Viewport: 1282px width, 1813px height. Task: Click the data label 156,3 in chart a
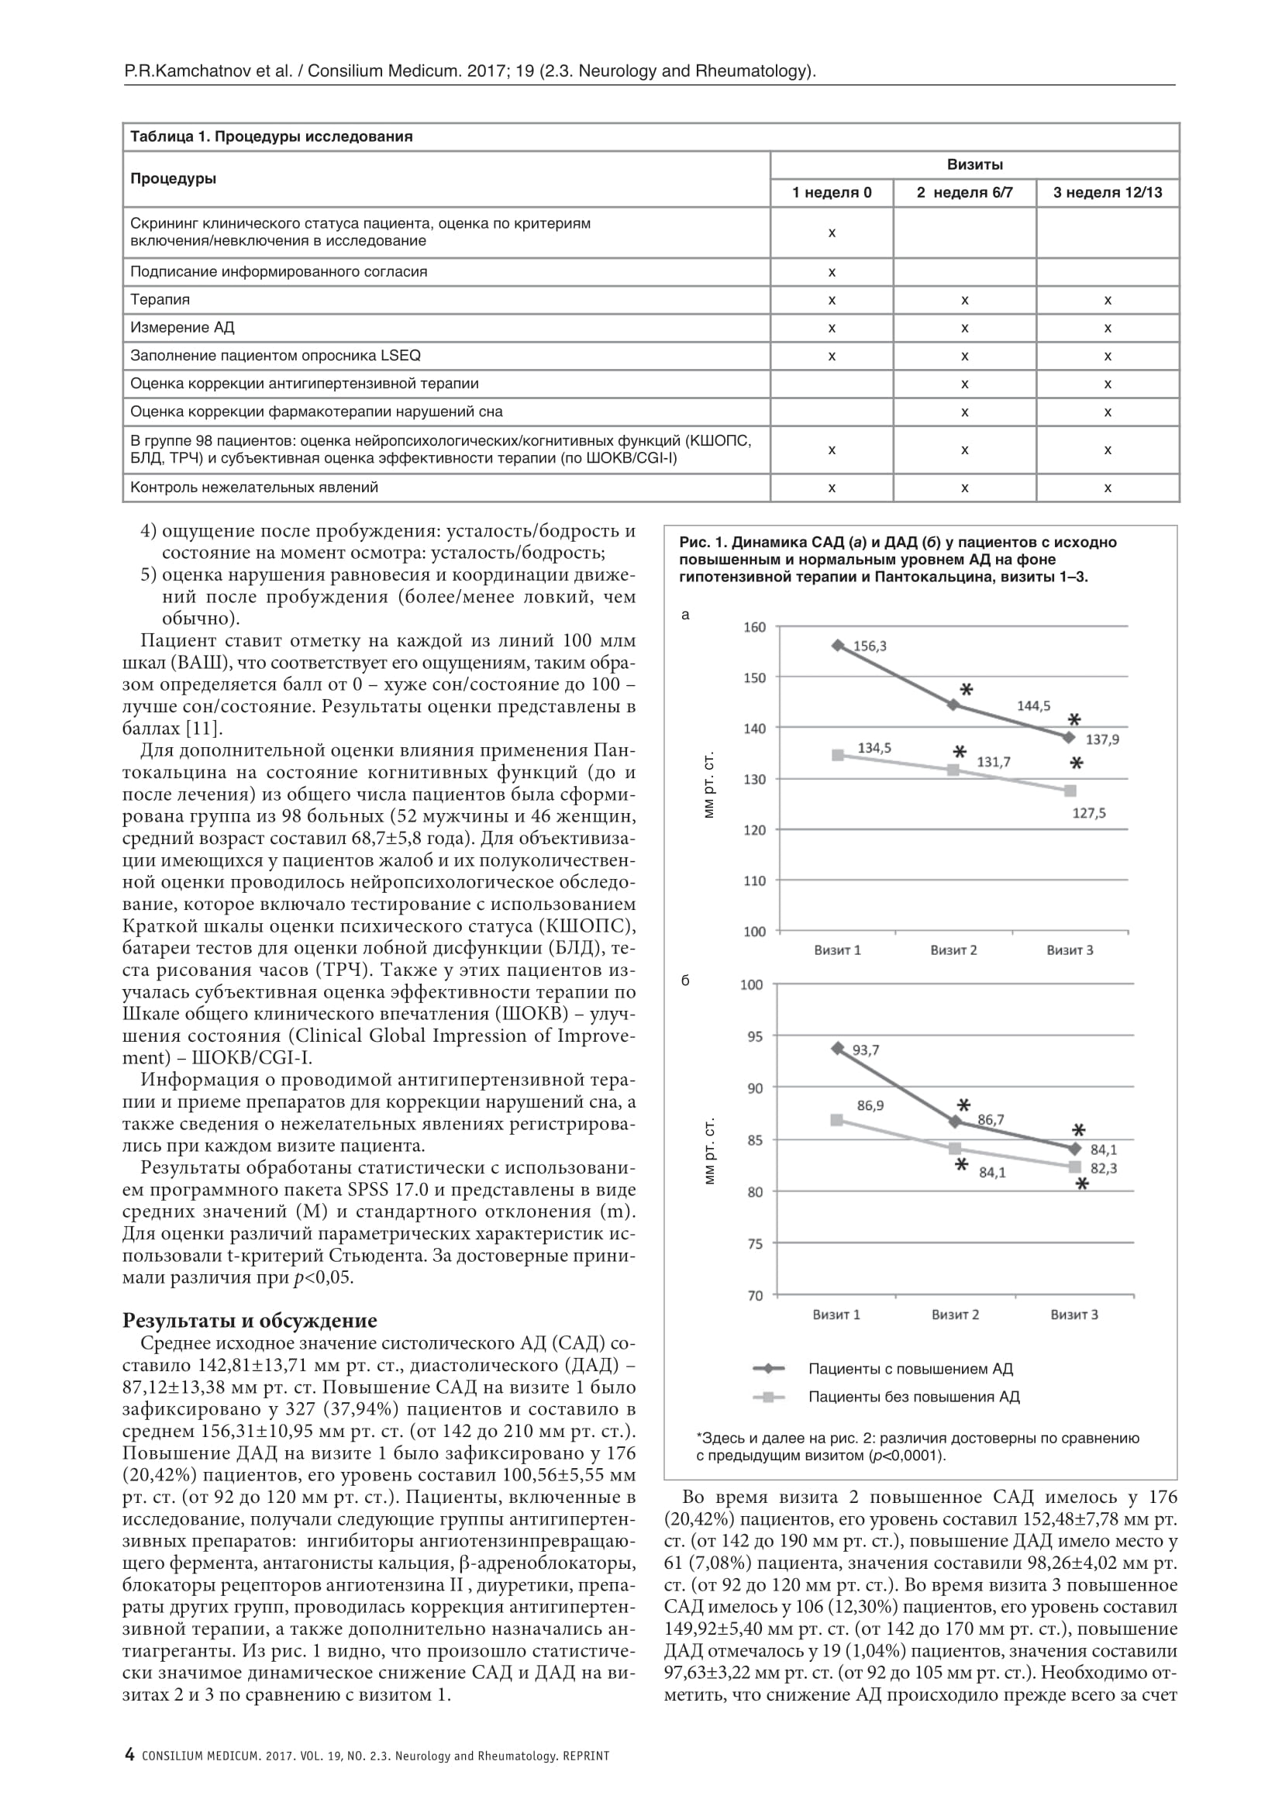[869, 646]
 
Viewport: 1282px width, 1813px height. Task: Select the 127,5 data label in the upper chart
[1088, 813]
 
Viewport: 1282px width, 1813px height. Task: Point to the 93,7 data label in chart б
[865, 1050]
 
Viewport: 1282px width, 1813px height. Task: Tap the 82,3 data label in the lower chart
[1104, 1168]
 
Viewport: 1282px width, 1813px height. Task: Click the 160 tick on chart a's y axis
[755, 627]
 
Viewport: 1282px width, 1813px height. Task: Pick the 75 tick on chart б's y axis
[755, 1243]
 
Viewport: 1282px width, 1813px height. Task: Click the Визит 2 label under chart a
[953, 950]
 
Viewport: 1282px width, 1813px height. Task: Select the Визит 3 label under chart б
[1074, 1315]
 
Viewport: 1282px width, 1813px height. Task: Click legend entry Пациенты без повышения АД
[913, 1397]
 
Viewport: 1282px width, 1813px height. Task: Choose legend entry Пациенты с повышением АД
[910, 1369]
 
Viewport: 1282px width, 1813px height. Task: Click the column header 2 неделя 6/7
[964, 193]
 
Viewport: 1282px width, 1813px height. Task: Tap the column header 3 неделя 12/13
[1107, 193]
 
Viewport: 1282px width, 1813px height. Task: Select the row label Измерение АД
[182, 328]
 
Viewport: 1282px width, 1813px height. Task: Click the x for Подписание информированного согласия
[831, 272]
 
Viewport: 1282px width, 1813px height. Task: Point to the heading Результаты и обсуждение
[250, 1320]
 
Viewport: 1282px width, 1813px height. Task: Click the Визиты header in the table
[974, 165]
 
